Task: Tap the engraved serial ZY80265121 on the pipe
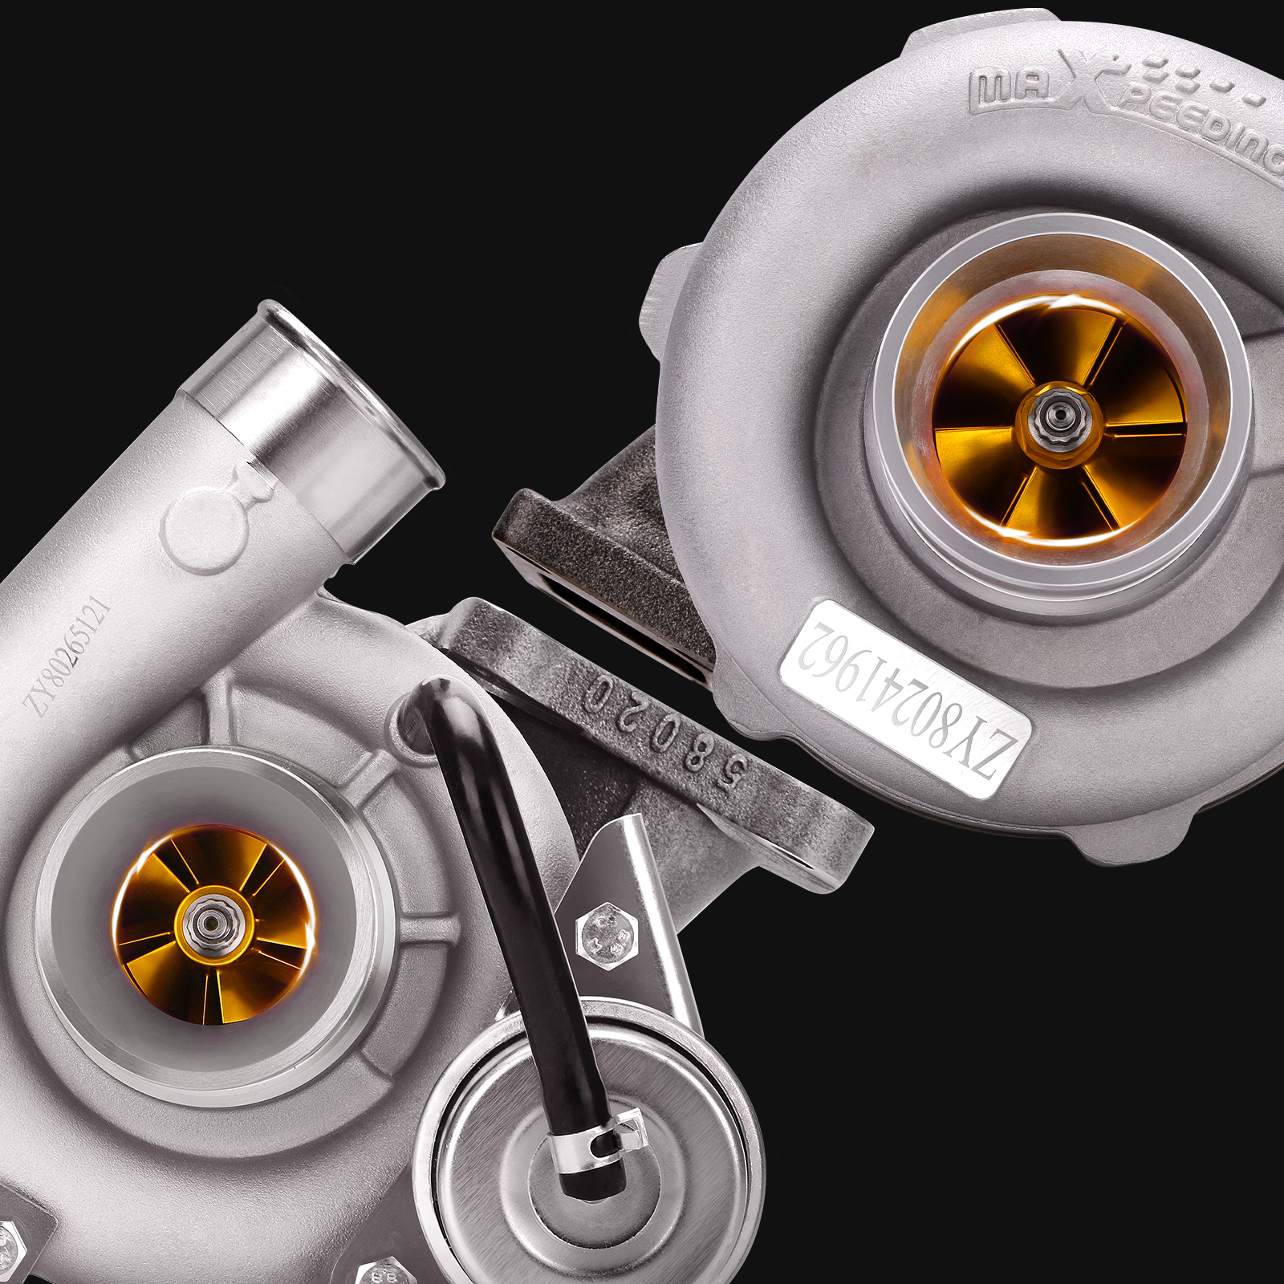67,654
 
